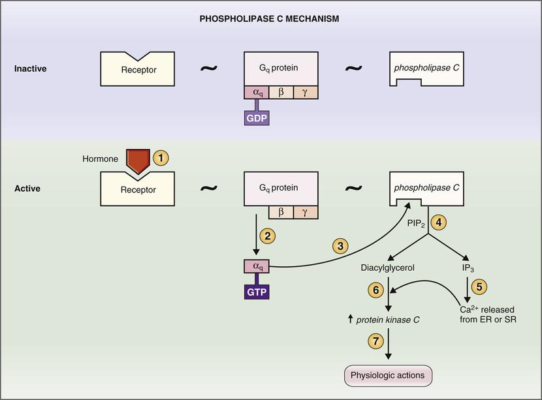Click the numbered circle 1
coord(161,158)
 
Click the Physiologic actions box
coord(387,375)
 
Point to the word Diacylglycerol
coord(388,267)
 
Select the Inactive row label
coord(29,69)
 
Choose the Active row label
coord(27,189)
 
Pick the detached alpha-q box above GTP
coord(257,266)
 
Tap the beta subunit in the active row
coord(281,212)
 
